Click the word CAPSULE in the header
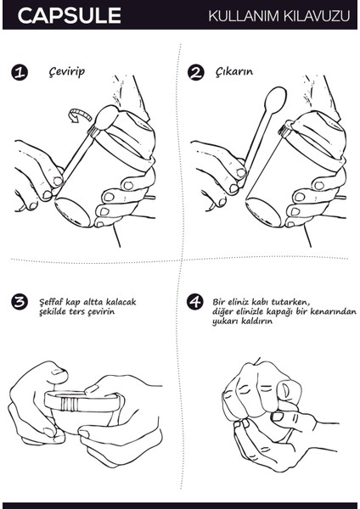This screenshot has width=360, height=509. [70, 15]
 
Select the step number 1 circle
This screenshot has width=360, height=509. [20, 72]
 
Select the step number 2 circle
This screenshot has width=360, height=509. [196, 72]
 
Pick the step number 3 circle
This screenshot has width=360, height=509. [20, 302]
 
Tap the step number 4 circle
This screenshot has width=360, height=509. [195, 302]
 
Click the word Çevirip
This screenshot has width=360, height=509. [66, 71]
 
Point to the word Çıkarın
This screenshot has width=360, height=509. [234, 72]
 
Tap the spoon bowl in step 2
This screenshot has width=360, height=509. [276, 99]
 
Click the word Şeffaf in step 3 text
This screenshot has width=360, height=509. [51, 302]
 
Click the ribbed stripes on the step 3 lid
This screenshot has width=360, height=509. [70, 404]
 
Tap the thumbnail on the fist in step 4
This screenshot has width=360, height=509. [286, 389]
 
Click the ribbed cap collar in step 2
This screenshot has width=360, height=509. [285, 128]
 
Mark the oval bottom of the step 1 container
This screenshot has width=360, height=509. [72, 211]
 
